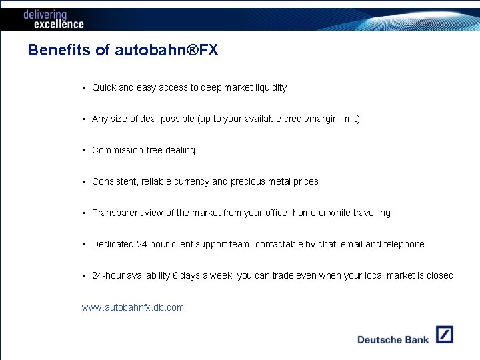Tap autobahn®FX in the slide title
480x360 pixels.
pyautogui.click(x=166, y=51)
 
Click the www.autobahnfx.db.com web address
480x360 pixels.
pyautogui.click(x=133, y=307)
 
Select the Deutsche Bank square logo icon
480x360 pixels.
pyautogui.click(x=444, y=335)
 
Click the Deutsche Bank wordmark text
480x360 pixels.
pyautogui.click(x=393, y=339)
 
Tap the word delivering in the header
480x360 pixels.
pyautogui.click(x=45, y=14)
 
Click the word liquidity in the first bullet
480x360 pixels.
pyautogui.click(x=270, y=87)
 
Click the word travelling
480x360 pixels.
pyautogui.click(x=369, y=213)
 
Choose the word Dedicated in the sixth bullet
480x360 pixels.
pyautogui.click(x=113, y=244)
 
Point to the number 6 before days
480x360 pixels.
pyautogui.click(x=175, y=275)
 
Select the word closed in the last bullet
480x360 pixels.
pyautogui.click(x=440, y=275)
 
